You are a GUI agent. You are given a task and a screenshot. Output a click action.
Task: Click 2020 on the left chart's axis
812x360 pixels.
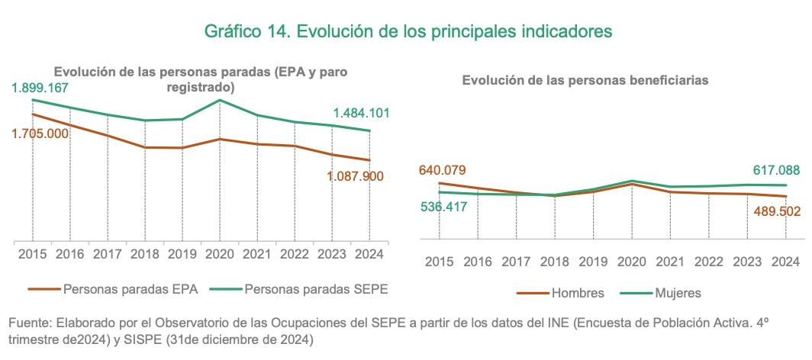point(220,253)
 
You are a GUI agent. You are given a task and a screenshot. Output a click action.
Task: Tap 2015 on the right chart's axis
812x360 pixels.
point(440,262)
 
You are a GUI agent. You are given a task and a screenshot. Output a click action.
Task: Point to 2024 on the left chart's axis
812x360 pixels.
point(369,253)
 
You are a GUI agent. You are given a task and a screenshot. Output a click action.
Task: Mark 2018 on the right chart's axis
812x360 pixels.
point(555,262)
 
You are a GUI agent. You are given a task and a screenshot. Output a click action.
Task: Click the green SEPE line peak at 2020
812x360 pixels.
point(220,100)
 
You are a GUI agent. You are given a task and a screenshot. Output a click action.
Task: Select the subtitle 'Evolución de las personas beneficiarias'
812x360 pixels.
point(586,79)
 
